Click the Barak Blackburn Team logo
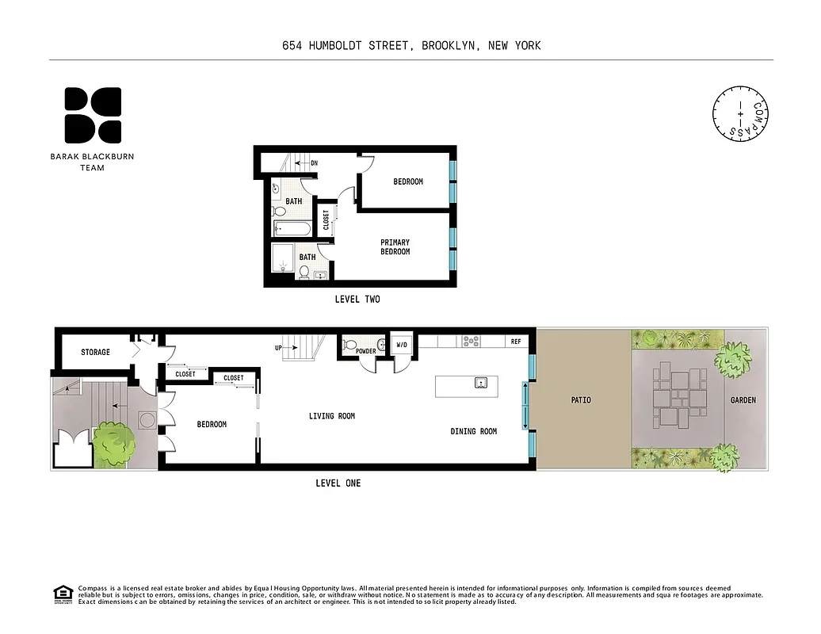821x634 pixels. click(x=93, y=115)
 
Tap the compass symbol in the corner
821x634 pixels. click(x=741, y=114)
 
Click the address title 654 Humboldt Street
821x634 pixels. click(x=411, y=46)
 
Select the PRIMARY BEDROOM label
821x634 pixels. click(x=395, y=246)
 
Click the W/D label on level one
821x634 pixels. click(x=401, y=344)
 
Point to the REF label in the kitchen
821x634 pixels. click(x=515, y=342)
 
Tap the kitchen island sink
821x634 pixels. click(x=480, y=384)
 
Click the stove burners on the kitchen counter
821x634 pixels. click(x=471, y=341)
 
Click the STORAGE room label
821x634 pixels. click(x=95, y=352)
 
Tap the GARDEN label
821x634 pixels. click(x=743, y=400)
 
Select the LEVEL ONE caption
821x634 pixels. click(x=338, y=483)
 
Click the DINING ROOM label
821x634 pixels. click(x=473, y=431)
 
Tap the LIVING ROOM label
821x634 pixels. click(x=331, y=416)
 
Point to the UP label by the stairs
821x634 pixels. click(x=279, y=348)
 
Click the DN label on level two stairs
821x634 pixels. click(x=314, y=163)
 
